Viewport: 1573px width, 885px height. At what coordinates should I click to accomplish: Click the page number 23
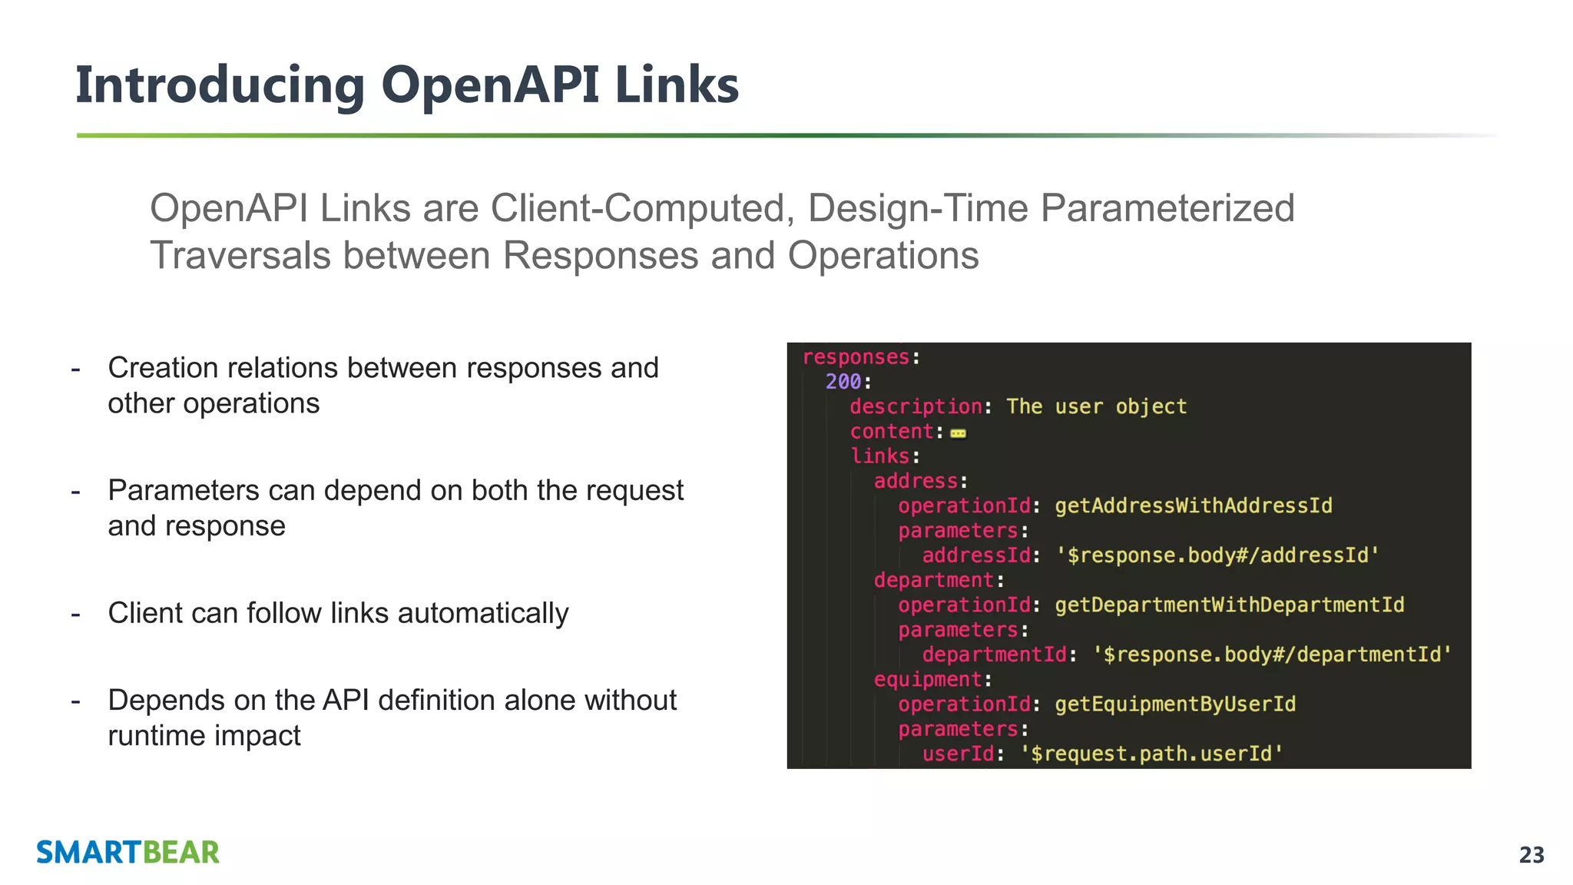[1531, 854]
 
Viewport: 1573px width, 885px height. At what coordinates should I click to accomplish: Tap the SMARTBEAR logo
[127, 852]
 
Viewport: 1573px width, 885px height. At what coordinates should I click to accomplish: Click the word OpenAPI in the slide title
[489, 85]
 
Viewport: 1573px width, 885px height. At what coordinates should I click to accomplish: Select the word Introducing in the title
[220, 86]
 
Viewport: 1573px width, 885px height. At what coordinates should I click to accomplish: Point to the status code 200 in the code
[843, 382]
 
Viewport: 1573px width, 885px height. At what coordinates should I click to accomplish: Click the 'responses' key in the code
[856, 357]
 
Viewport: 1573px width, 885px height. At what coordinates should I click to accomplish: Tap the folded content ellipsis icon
[958, 433]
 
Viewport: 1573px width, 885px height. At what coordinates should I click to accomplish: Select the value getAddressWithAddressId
[1193, 505]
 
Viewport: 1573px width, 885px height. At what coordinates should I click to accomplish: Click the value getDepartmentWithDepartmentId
[1229, 605]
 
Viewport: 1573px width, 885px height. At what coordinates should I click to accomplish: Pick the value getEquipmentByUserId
[1174, 704]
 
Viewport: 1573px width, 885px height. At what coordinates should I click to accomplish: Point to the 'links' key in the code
[879, 456]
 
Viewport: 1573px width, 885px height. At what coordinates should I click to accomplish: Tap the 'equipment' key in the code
[928, 679]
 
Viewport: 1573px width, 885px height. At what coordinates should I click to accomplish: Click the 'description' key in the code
[915, 406]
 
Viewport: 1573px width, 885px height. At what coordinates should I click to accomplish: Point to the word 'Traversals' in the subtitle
[241, 255]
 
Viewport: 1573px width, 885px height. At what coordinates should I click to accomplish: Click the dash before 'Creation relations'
[75, 369]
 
